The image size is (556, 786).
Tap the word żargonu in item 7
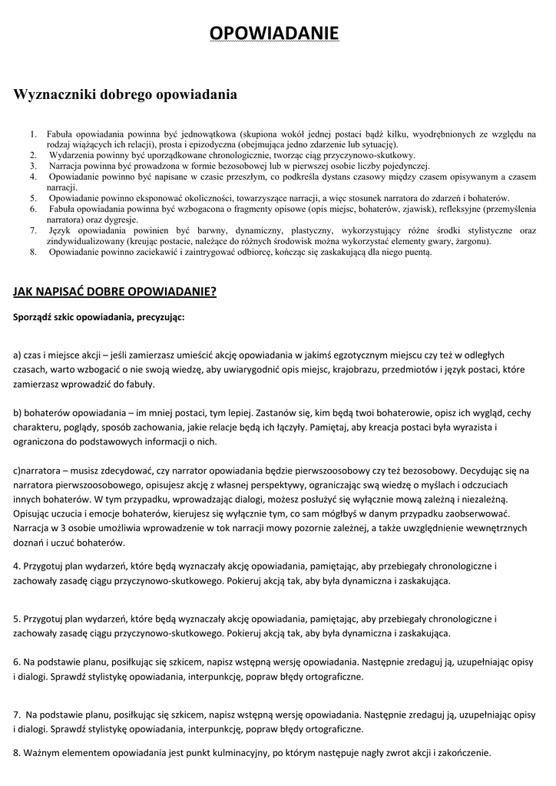point(474,241)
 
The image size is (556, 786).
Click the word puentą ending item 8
point(418,252)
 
